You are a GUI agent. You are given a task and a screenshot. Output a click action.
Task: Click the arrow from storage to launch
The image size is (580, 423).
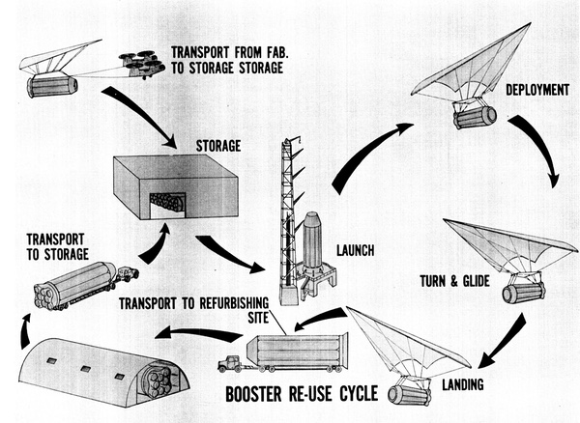click(x=232, y=252)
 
